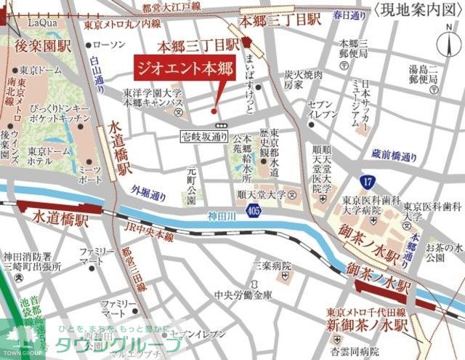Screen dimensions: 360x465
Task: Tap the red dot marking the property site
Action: click(x=214, y=111)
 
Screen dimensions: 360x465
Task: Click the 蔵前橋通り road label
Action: click(x=394, y=156)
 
